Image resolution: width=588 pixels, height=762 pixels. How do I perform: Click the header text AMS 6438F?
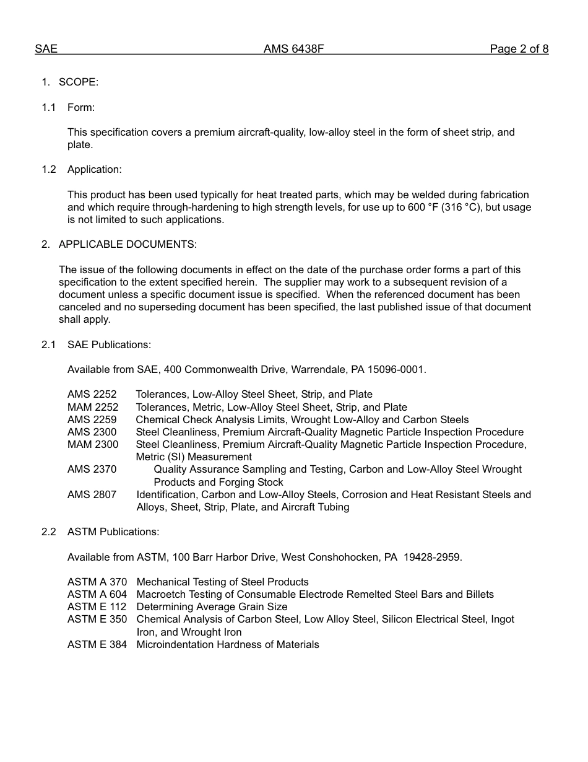293,49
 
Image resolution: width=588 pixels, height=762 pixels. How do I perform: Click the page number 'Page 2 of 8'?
519,49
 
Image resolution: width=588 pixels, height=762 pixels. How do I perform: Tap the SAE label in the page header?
46,49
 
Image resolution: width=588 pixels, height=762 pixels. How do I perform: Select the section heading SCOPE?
79,82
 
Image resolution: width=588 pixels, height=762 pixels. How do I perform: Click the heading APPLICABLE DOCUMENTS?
128,245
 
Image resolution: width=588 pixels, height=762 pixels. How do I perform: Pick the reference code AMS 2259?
92,420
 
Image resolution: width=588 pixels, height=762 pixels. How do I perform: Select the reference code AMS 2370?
92,470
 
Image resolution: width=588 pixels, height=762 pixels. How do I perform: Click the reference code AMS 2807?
92,495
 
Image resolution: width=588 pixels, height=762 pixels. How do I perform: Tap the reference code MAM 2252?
93,408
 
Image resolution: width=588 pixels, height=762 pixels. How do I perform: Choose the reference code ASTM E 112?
97,607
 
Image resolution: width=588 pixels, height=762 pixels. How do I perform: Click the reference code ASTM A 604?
97,595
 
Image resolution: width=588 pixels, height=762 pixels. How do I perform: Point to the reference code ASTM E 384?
97,645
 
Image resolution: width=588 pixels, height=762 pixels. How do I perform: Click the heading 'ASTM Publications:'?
113,532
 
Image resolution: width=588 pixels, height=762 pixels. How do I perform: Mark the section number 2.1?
49,345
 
